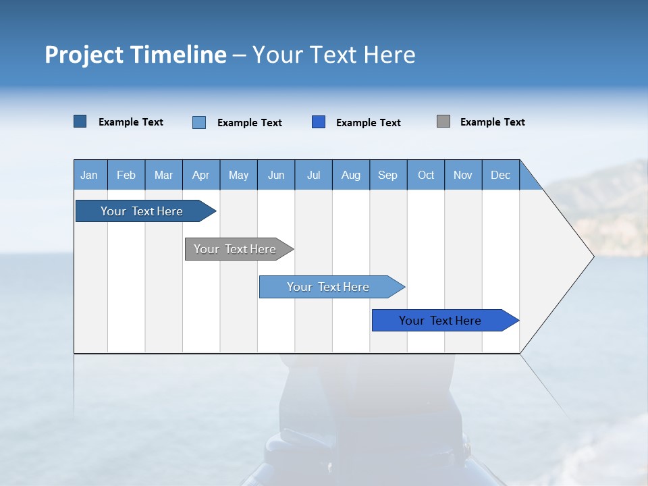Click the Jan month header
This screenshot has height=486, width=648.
(89, 175)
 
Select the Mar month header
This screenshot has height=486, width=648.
(163, 175)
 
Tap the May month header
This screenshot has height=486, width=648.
(238, 175)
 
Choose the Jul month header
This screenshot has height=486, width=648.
(313, 175)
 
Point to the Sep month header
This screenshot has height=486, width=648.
(387, 175)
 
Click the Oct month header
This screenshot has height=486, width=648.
(426, 175)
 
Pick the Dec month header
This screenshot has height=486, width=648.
(500, 175)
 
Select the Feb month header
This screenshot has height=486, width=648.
(126, 175)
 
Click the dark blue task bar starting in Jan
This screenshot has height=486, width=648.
(142, 211)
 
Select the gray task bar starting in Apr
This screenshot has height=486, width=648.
(235, 249)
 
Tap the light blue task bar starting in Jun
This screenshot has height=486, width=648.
(328, 287)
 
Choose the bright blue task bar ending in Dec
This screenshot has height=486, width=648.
(440, 321)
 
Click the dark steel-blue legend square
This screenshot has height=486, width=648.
(80, 122)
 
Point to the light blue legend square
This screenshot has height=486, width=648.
(199, 122)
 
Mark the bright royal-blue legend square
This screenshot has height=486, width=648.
(319, 122)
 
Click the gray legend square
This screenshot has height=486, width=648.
(443, 122)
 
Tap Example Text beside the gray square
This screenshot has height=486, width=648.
(492, 122)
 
